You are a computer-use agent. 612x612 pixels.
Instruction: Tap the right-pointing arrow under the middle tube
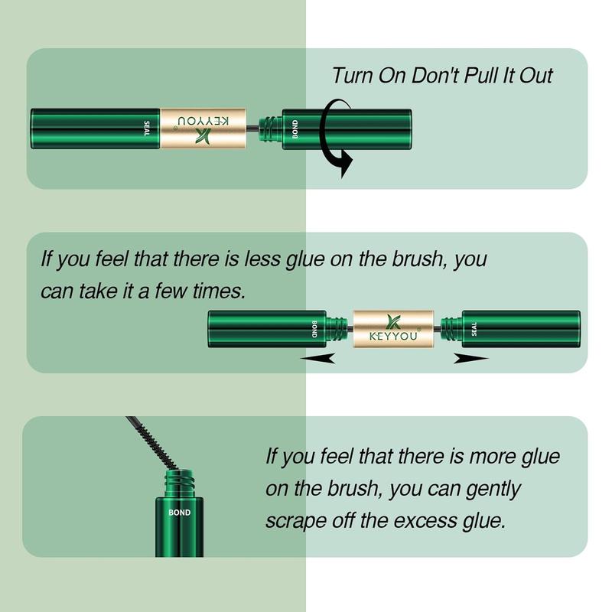(470, 358)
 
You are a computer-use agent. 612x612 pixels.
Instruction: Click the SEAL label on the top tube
(147, 129)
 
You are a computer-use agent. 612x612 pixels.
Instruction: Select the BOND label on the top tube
(295, 129)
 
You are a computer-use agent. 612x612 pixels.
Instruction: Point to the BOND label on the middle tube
(314, 329)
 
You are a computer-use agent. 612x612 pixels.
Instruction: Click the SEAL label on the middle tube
(474, 329)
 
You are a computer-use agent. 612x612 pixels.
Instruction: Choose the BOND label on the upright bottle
(180, 513)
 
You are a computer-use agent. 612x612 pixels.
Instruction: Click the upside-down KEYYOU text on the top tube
(203, 121)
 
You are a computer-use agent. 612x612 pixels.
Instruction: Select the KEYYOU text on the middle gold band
(393, 336)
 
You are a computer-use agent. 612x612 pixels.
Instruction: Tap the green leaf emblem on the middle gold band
(393, 321)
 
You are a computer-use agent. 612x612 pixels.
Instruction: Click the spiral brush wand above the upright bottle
(152, 442)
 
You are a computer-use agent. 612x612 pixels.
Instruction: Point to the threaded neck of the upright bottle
(180, 484)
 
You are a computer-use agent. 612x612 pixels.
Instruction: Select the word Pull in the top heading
(480, 75)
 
